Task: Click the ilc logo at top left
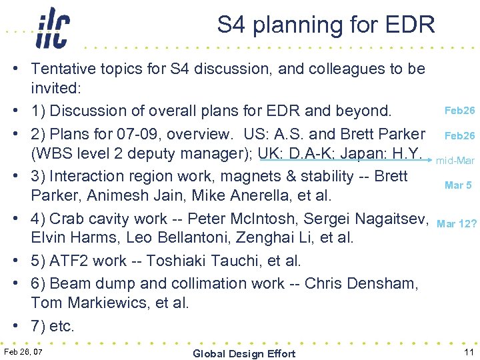click(51, 28)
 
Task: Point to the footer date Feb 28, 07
click(23, 351)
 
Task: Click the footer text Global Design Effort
click(244, 353)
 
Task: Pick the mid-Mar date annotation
click(455, 161)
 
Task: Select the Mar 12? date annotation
click(457, 223)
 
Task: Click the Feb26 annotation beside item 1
click(459, 110)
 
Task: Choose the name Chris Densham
click(361, 283)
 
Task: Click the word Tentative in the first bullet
click(63, 68)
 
